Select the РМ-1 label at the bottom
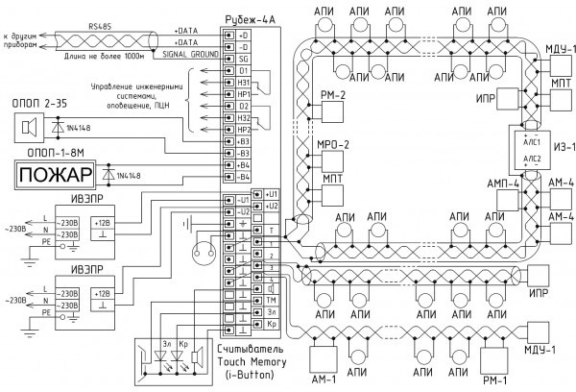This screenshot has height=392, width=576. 496,380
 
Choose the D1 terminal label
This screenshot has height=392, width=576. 244,70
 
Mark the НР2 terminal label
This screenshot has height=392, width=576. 244,128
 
